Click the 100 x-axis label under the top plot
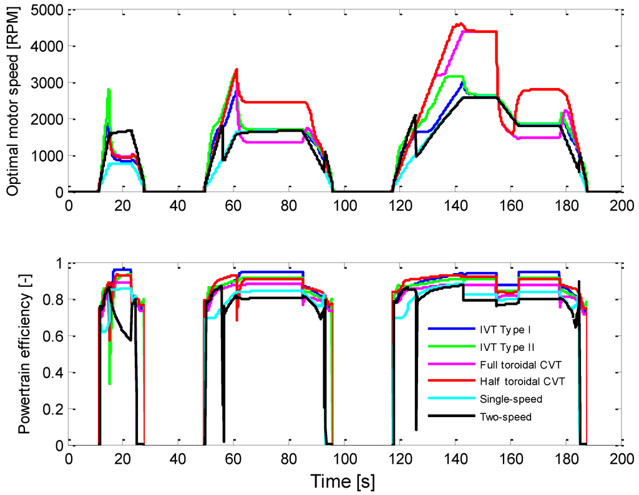(x=344, y=205)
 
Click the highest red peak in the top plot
(x=460, y=24)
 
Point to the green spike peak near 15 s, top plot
(x=109, y=89)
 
